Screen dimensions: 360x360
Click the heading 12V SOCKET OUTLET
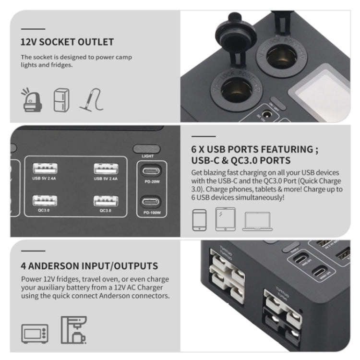tap(67, 42)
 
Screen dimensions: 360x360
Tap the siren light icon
tap(30, 101)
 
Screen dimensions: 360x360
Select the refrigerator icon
tap(61, 100)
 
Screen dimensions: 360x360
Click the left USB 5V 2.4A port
tap(45, 169)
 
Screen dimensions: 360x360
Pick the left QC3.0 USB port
tap(45, 200)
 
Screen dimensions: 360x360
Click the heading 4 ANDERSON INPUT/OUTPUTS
tap(89, 265)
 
